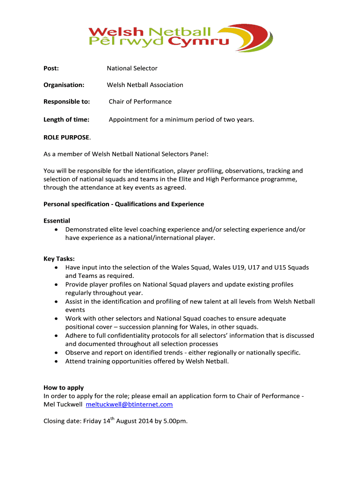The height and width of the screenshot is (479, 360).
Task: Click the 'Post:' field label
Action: (51, 68)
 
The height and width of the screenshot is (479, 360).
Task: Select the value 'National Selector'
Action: (132, 68)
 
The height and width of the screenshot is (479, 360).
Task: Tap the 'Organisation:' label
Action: (64, 85)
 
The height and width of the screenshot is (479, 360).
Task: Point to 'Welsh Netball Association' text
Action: (145, 85)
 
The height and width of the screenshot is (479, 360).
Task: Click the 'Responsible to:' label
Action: (66, 102)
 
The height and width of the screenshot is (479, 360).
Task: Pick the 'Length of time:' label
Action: (66, 120)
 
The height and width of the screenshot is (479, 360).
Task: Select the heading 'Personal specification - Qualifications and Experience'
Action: (123, 204)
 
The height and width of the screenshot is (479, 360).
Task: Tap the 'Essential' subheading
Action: (57, 221)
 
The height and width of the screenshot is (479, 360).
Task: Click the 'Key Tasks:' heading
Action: (59, 259)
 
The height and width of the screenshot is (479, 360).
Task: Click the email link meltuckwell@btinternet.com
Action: (129, 405)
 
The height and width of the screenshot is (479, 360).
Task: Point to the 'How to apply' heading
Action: (64, 388)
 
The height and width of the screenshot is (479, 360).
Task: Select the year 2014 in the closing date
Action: (149, 421)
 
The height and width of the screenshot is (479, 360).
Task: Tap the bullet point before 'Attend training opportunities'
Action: (56, 362)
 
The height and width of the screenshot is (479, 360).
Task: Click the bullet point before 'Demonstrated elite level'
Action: (56, 230)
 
